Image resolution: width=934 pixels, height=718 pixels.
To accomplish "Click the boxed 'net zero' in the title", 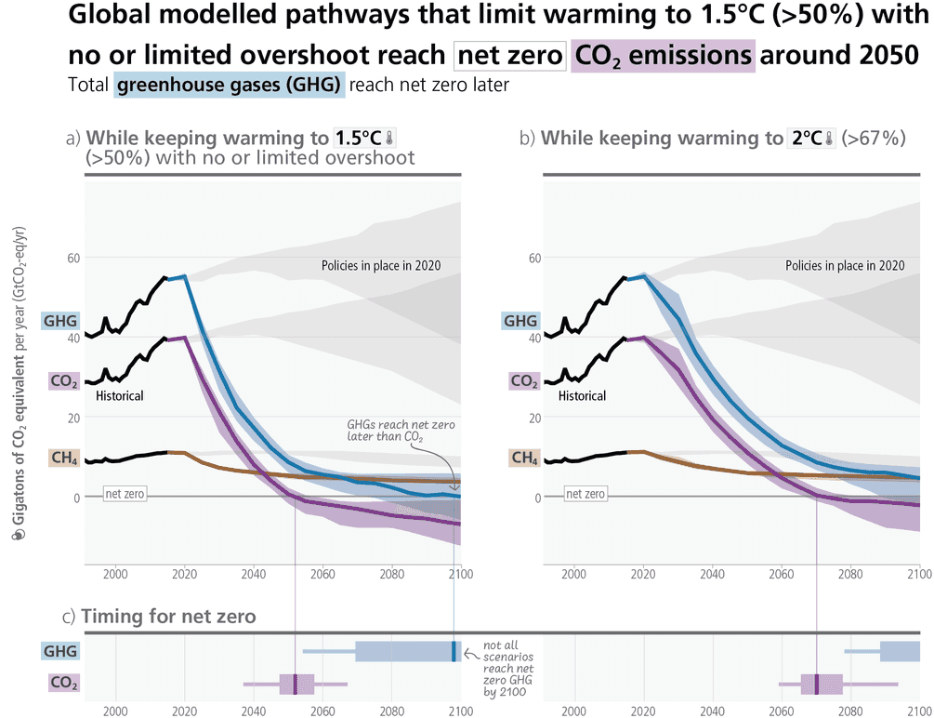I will (x=509, y=56).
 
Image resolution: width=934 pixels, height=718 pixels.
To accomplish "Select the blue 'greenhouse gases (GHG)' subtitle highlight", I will (x=230, y=86).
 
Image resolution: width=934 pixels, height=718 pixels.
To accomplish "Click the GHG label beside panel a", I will (x=60, y=321).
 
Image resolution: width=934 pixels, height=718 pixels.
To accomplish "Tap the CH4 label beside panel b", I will (x=524, y=458).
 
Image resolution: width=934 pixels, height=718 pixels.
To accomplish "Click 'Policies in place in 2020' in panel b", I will (x=844, y=265).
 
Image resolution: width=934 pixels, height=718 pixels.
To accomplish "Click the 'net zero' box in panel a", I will (x=124, y=494).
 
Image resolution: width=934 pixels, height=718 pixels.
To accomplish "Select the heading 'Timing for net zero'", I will (x=167, y=617).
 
